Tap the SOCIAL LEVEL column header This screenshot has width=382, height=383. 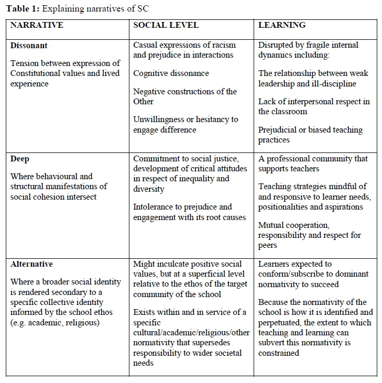pyautogui.click(x=166, y=25)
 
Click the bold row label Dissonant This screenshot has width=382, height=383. pyautogui.click(x=29, y=46)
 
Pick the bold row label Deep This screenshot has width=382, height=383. pyautogui.click(x=20, y=158)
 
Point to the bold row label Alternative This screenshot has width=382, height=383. pyautogui.click(x=31, y=264)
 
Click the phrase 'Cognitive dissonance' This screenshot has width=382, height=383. pyautogui.click(x=171, y=73)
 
